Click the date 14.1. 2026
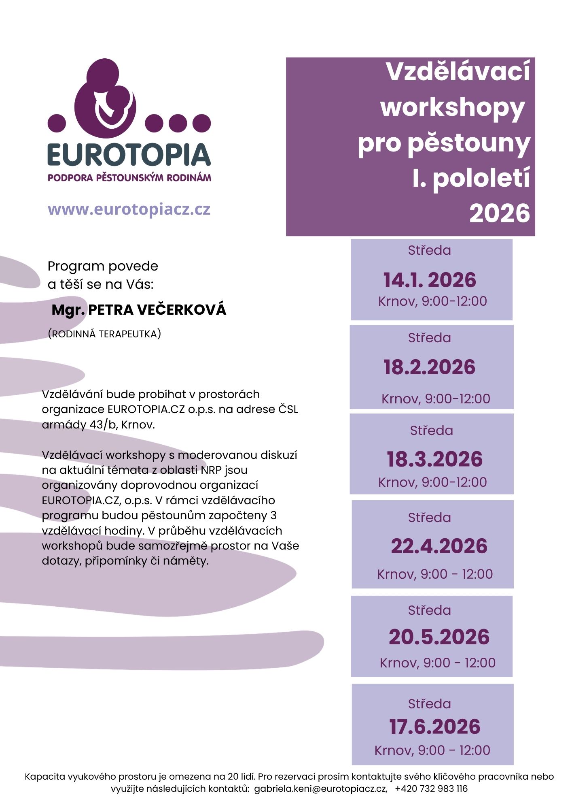click(x=430, y=280)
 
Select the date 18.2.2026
click(x=429, y=367)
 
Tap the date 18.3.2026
click(x=434, y=459)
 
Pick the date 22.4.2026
click(x=439, y=546)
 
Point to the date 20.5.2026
click(x=439, y=637)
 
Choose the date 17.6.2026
click(x=434, y=727)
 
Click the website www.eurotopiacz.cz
click(x=129, y=209)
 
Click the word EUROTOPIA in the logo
click(x=129, y=155)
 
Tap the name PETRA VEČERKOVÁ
click(x=157, y=310)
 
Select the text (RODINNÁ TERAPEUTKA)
click(x=104, y=334)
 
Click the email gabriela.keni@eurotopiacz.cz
click(x=320, y=789)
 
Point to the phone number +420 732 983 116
click(x=431, y=789)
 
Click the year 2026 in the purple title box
click(x=500, y=213)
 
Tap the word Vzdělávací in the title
click(x=458, y=72)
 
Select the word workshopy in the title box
click(x=452, y=107)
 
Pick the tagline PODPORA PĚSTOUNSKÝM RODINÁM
click(x=129, y=177)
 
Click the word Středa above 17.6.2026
click(x=429, y=704)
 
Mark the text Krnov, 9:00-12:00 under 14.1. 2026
click(x=432, y=301)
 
